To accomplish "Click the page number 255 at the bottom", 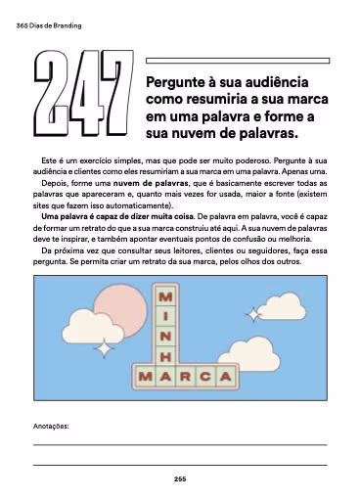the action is pyautogui.click(x=180, y=478).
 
